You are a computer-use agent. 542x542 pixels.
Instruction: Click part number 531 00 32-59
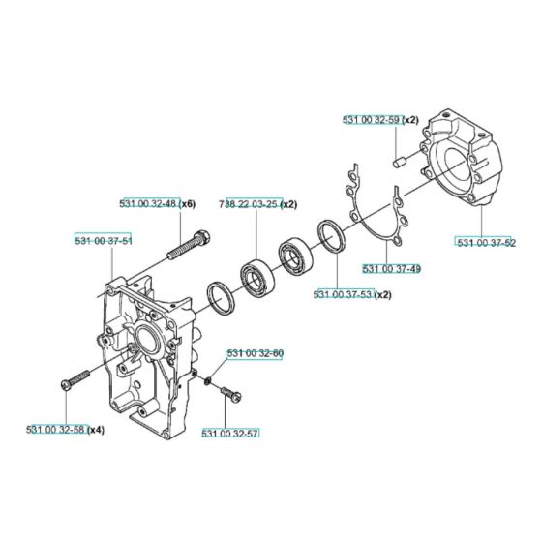pos(373,120)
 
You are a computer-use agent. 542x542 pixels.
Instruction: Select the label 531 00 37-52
pos(487,242)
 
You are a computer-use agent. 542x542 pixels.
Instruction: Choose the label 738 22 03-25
pos(253,204)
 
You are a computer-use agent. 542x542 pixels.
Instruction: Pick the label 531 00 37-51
pos(104,238)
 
